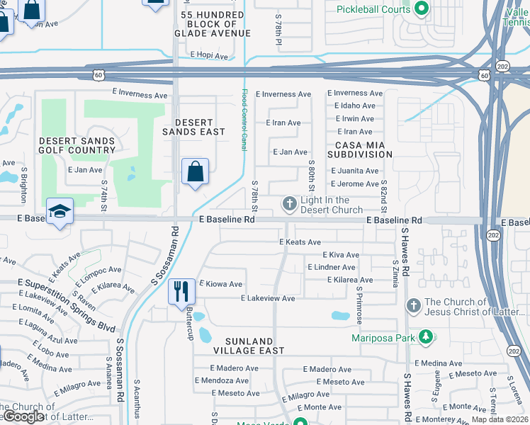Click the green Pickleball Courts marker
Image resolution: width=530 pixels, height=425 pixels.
(x=422, y=9)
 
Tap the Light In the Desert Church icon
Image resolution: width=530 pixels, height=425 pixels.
(x=289, y=205)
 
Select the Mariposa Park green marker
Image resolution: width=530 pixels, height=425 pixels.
(x=425, y=337)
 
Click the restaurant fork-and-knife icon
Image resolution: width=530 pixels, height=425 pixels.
(x=181, y=290)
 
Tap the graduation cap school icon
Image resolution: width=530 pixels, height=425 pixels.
(x=60, y=211)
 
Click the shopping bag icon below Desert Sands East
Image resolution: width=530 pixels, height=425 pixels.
(x=195, y=171)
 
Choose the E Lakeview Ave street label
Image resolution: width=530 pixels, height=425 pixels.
(x=268, y=299)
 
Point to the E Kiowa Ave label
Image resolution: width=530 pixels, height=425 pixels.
(x=221, y=284)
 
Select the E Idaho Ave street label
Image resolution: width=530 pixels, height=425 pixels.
(x=354, y=106)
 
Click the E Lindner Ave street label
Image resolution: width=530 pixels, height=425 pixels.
(x=331, y=267)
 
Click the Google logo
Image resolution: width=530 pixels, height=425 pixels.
(x=23, y=416)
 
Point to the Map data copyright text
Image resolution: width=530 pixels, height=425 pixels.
(x=500, y=420)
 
